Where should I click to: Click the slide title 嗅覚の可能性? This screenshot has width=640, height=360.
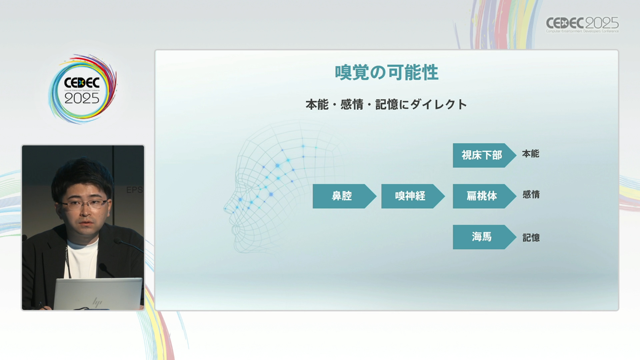(386, 72)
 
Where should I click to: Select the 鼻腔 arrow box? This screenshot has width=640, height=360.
(344, 196)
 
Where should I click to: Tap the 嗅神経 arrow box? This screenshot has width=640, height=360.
(413, 196)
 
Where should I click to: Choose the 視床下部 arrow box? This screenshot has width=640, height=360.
(484, 155)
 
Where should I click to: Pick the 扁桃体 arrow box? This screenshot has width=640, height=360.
(484, 196)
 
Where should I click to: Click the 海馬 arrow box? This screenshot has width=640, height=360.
(484, 237)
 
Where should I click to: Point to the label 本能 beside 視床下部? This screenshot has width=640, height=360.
(530, 154)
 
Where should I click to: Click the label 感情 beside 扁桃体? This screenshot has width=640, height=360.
(531, 194)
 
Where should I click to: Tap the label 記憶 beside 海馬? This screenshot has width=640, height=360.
(531, 238)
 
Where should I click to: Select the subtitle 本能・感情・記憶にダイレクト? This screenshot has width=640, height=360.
(386, 104)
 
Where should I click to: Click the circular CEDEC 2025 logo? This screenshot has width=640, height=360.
(82, 89)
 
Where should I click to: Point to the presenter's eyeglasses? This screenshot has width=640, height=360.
(84, 203)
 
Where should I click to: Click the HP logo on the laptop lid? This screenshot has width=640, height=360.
(97, 302)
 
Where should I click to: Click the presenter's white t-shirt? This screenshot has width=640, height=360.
(82, 258)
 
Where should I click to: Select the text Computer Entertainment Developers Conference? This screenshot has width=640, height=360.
(582, 31)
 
